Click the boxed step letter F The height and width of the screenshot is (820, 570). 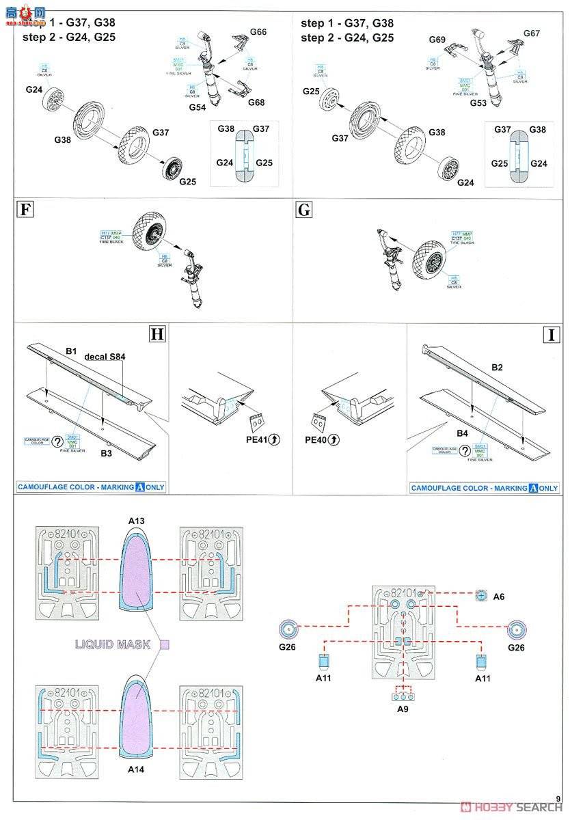pyautogui.click(x=25, y=210)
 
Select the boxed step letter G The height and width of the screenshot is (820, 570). pyautogui.click(x=303, y=210)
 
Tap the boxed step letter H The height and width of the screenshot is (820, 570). pyautogui.click(x=157, y=334)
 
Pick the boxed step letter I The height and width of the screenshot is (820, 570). pyautogui.click(x=550, y=334)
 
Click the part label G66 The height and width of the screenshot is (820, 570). pyautogui.click(x=258, y=32)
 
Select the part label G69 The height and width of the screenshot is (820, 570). pyautogui.click(x=437, y=40)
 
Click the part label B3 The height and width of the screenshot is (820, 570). pyautogui.click(x=107, y=452)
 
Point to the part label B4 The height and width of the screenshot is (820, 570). pyautogui.click(x=462, y=433)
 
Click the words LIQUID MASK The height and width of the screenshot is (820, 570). pyautogui.click(x=113, y=644)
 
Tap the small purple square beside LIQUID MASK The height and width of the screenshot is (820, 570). pyautogui.click(x=164, y=644)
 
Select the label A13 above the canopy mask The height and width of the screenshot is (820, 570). pyautogui.click(x=137, y=521)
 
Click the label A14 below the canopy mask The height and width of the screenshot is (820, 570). pyautogui.click(x=137, y=769)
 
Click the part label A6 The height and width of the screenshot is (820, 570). pyautogui.click(x=498, y=597)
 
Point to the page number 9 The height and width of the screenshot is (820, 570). pyautogui.click(x=558, y=799)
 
